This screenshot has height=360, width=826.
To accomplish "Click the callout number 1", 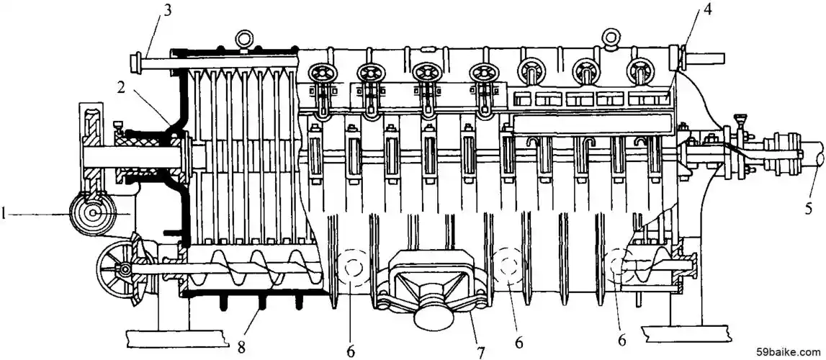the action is coord(4,214).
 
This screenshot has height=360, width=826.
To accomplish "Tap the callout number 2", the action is coord(121,89).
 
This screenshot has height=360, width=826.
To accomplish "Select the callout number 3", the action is coord(167,11).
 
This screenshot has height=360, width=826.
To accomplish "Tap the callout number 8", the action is coord(242,347).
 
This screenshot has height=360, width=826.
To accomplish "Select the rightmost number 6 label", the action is coord(622,341).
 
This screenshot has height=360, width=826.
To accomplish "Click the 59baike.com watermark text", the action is coord(789,351).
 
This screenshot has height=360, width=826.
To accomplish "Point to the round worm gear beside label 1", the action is coord(93,213).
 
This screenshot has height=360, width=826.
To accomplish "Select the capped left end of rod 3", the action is coord(136,64).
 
